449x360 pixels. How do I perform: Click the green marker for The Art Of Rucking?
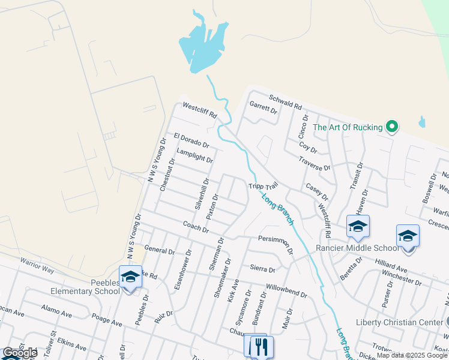click(x=392, y=127)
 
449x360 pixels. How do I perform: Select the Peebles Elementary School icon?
click(x=130, y=277)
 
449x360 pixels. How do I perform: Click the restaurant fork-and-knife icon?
click(x=262, y=346)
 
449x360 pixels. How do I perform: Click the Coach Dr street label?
click(x=196, y=226)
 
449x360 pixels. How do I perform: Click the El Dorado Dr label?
click(x=191, y=141)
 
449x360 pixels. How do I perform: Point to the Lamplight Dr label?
click(x=194, y=156)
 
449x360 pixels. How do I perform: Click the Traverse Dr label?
click(x=315, y=163)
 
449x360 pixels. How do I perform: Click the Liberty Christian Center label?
click(x=403, y=322)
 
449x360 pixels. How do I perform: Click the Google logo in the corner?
click(x=20, y=353)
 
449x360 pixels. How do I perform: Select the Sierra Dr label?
click(x=262, y=270)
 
